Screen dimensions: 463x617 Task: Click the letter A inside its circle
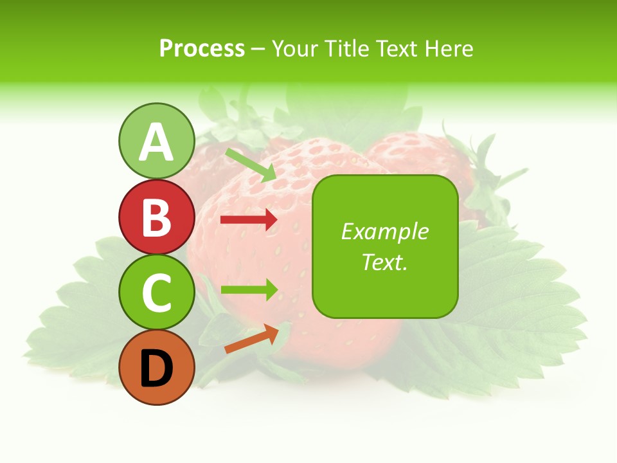click(x=156, y=143)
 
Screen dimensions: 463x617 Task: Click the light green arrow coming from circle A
click(x=251, y=165)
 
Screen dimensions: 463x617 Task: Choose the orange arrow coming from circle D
click(x=251, y=339)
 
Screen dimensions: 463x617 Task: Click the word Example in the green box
click(x=385, y=232)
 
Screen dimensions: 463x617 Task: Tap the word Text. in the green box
click(x=385, y=262)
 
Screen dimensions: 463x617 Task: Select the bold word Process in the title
click(x=202, y=49)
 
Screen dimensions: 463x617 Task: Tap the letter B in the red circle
click(x=156, y=217)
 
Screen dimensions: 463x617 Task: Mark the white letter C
click(x=156, y=293)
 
